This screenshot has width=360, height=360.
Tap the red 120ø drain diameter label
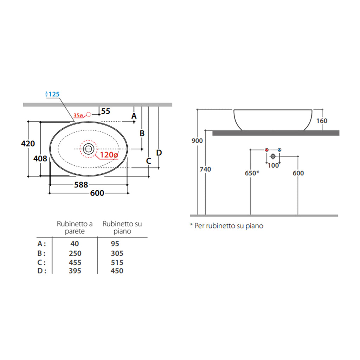click(109, 155)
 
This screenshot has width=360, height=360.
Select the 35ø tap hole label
click(78, 115)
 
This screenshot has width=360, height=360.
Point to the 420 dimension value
click(28, 143)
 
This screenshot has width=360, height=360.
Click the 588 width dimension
click(81, 185)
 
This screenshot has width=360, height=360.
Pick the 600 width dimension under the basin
click(97, 193)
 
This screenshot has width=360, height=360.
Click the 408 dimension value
click(40, 159)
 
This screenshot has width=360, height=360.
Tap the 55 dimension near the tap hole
click(105, 111)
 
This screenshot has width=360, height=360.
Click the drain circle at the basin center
click(88, 149)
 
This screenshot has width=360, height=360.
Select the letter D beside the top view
click(159, 153)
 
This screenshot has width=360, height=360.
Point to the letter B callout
click(142, 134)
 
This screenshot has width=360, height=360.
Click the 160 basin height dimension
click(321, 121)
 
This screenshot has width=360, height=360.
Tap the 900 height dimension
click(197, 141)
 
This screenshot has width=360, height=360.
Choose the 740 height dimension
click(205, 169)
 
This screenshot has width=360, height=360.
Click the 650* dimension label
click(252, 173)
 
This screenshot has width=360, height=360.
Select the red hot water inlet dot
click(267, 150)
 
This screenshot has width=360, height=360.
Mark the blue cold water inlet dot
click(279, 150)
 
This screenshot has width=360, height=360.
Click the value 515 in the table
click(117, 263)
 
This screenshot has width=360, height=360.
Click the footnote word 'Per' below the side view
click(199, 226)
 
